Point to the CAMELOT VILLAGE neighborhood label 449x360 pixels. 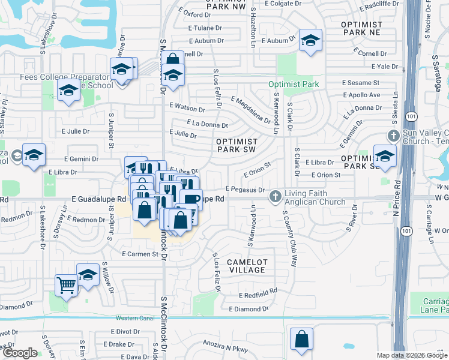click(x=246, y=266)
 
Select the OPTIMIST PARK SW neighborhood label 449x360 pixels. click(x=237, y=145)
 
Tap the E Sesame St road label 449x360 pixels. click(x=361, y=82)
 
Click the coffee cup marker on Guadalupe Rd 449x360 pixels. click(x=191, y=199)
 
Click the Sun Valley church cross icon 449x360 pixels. click(x=394, y=135)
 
